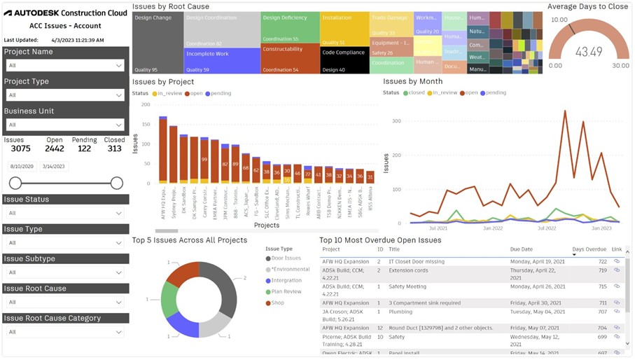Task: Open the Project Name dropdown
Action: pyautogui.click(x=65, y=65)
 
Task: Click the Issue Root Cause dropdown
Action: pyautogui.click(x=65, y=302)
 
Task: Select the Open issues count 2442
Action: pyautogui.click(x=55, y=148)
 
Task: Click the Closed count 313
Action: pyautogui.click(x=114, y=148)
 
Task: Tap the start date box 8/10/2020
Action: pyautogui.click(x=22, y=167)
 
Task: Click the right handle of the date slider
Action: pyautogui.click(x=117, y=184)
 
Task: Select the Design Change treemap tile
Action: pyautogui.click(x=158, y=42)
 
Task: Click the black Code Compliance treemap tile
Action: pyautogui.click(x=344, y=60)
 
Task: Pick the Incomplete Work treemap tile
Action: pyautogui.click(x=222, y=60)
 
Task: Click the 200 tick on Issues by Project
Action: pyautogui.click(x=146, y=104)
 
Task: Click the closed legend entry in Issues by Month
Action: pyautogui.click(x=416, y=92)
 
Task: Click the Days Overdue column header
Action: pyautogui.click(x=589, y=249)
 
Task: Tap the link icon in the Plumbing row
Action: pyautogui.click(x=617, y=312)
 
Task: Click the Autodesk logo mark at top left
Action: pyautogui.click(x=8, y=13)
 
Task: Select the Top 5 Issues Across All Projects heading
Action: pyautogui.click(x=189, y=240)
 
